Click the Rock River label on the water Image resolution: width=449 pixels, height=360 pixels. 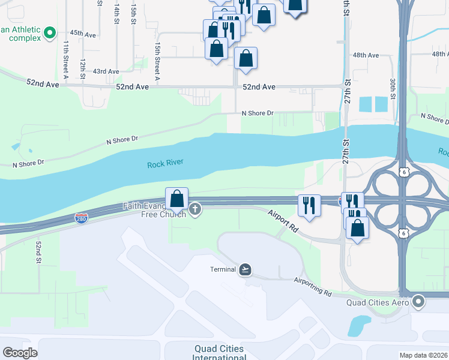165,163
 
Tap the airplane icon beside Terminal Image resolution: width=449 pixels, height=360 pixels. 245,269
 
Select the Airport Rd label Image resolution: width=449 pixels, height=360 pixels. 283,221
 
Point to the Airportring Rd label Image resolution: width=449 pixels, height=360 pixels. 313,287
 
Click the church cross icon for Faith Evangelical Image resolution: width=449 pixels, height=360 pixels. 194,209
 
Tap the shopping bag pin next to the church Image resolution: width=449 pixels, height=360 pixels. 177,199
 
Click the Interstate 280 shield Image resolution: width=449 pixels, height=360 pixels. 82,218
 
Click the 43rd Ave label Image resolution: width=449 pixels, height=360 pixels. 106,71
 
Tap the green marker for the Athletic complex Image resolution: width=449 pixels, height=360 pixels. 50,32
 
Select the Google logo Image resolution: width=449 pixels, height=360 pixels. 20,353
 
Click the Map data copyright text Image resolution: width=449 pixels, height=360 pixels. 424,355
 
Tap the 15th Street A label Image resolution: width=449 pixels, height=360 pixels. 157,61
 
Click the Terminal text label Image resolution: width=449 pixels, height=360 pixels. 223,269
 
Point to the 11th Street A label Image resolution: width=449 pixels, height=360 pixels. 66,60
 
